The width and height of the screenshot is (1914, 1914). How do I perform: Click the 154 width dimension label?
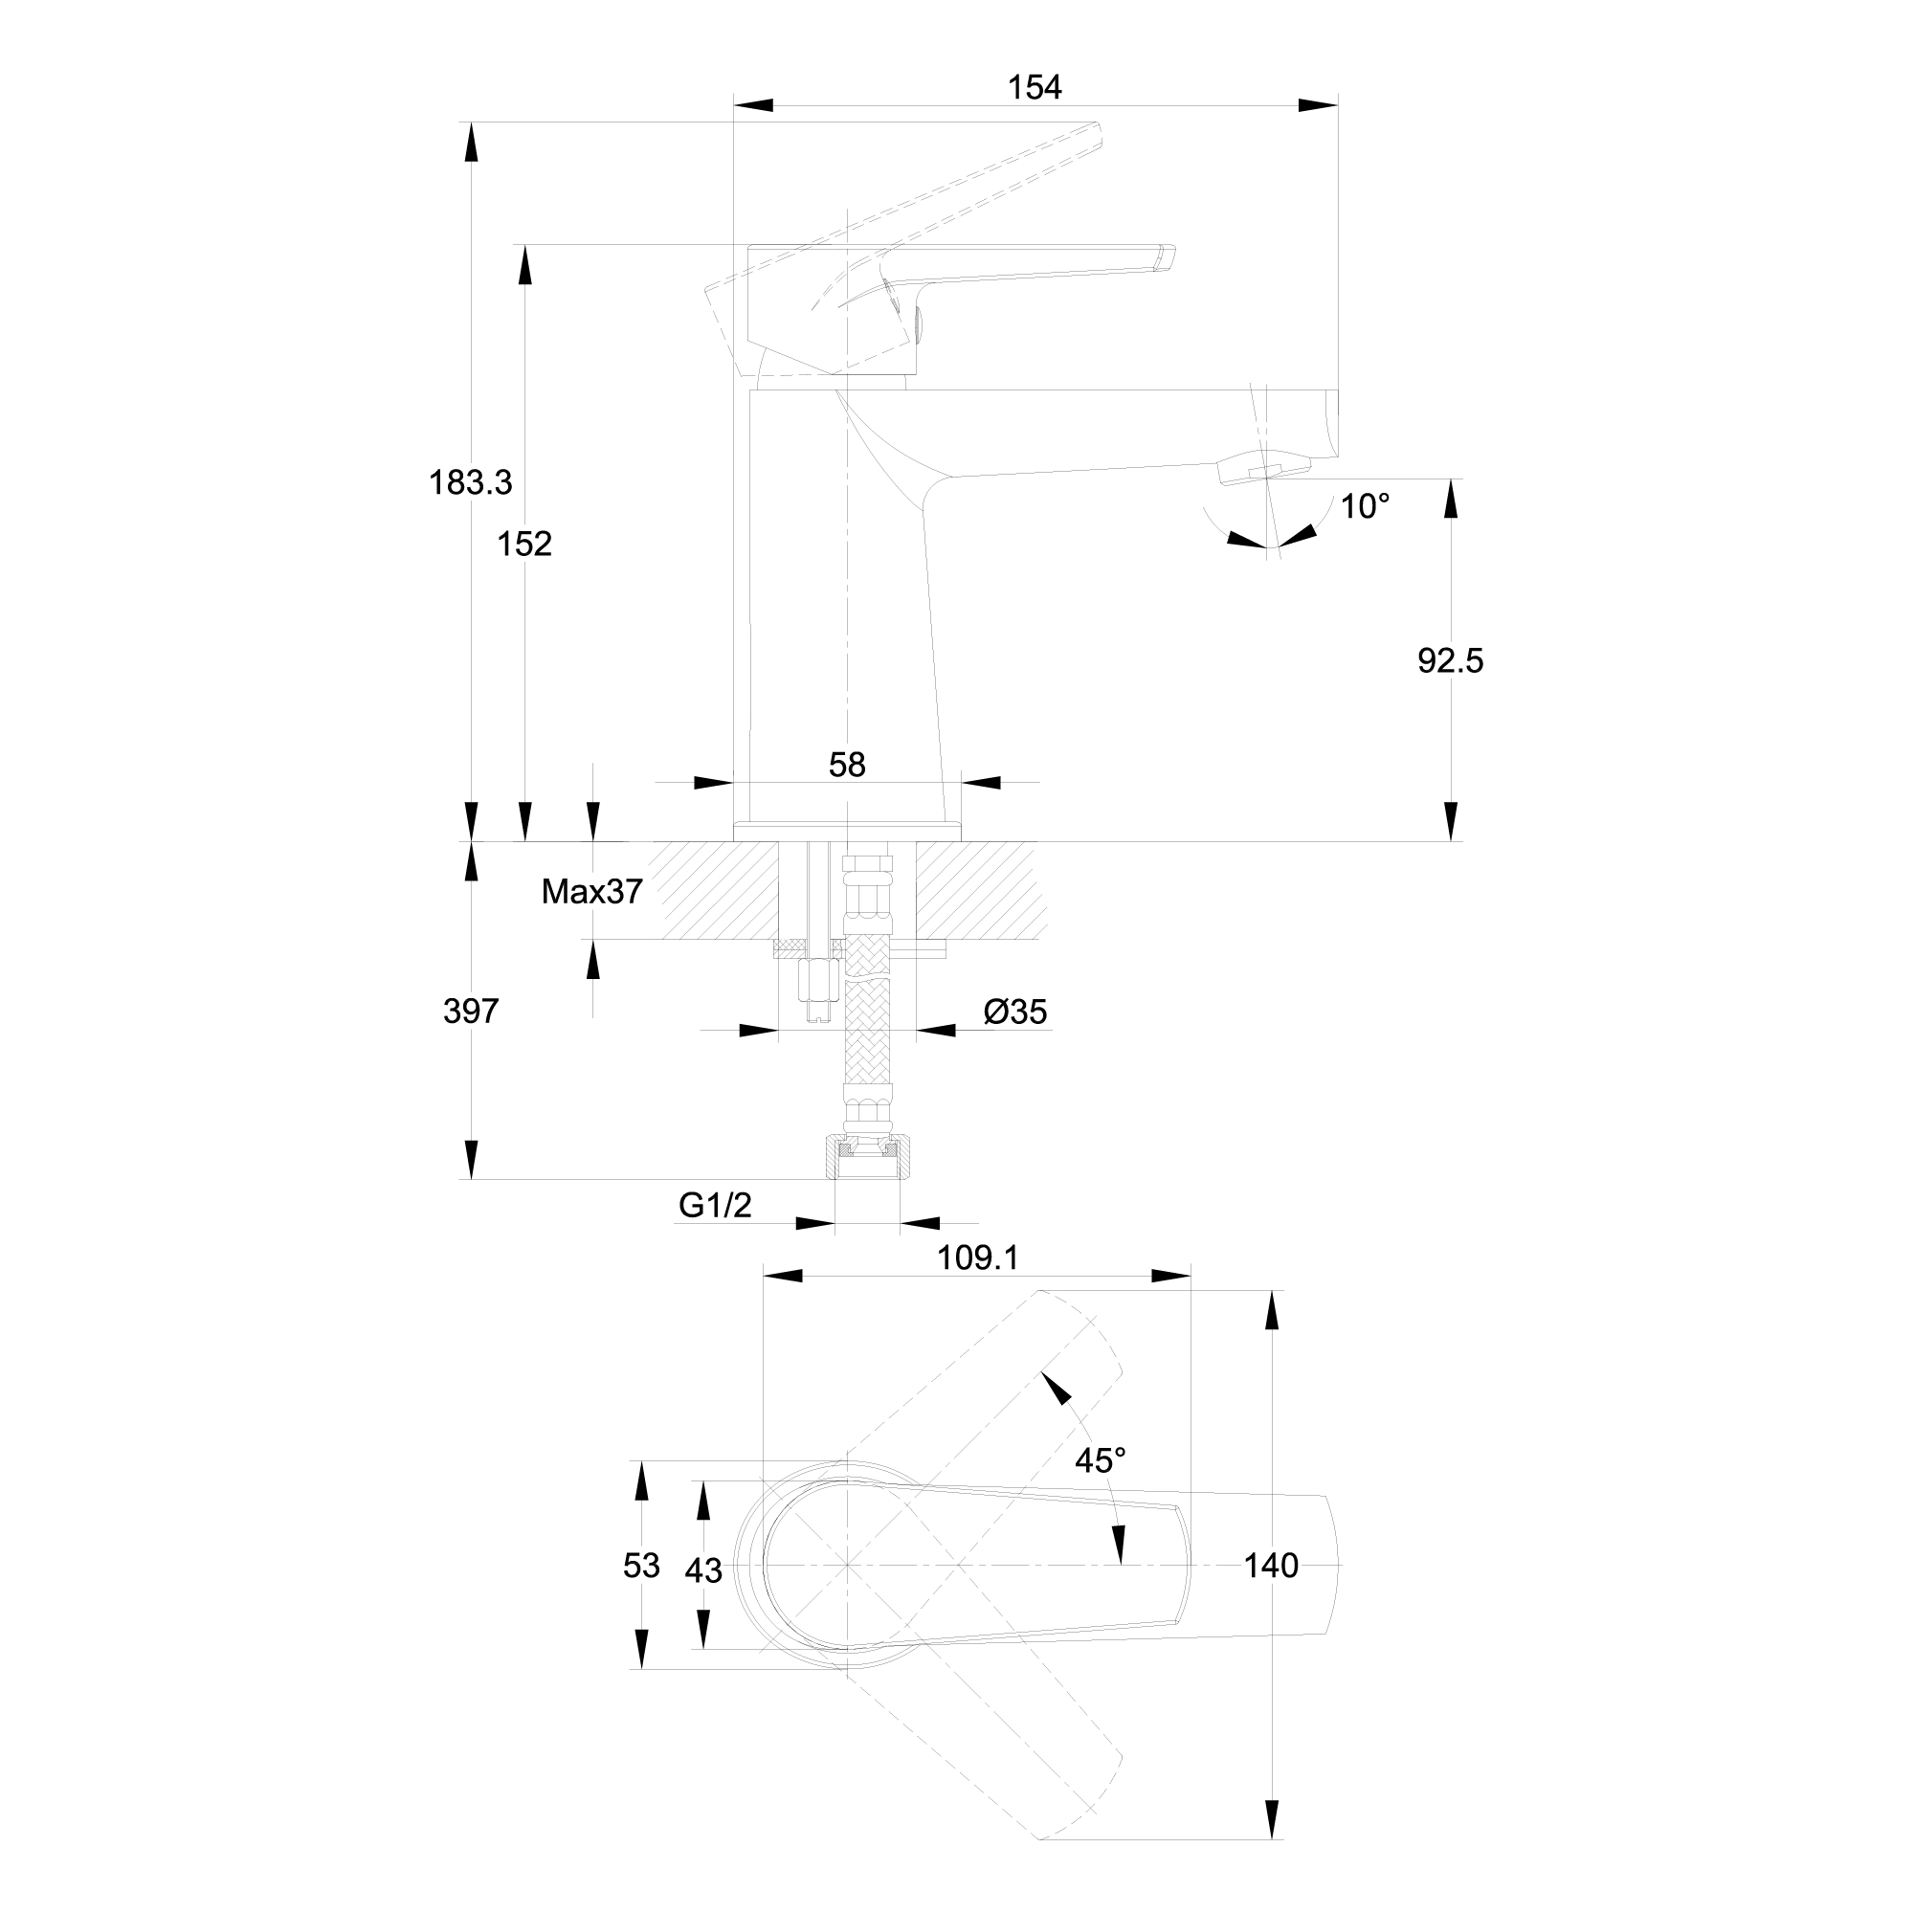click(x=1035, y=88)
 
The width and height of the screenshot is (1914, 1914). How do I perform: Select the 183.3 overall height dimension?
click(x=471, y=482)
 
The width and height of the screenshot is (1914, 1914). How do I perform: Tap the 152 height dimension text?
click(x=524, y=544)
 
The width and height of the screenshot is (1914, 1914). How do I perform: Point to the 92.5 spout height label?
click(x=1451, y=660)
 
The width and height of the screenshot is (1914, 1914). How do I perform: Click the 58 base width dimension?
click(x=847, y=765)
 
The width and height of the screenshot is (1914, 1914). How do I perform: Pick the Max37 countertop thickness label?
click(x=591, y=892)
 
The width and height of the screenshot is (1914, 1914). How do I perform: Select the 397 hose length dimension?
click(x=471, y=1012)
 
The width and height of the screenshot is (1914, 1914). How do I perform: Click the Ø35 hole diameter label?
click(x=1015, y=1012)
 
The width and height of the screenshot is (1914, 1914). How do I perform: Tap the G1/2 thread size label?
click(x=715, y=1205)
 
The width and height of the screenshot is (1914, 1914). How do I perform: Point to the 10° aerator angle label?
click(x=1366, y=507)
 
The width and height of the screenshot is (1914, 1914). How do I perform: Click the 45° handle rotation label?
click(x=1101, y=1459)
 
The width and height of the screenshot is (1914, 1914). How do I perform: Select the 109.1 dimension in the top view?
click(x=978, y=1258)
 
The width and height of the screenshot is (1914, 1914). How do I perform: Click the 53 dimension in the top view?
click(x=641, y=1566)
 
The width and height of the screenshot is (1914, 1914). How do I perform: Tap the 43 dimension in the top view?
click(x=703, y=1570)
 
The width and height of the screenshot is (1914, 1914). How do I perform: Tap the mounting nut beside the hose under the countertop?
click(x=814, y=990)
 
